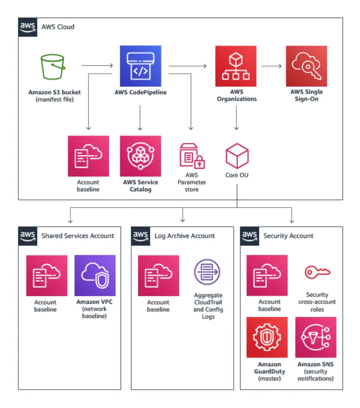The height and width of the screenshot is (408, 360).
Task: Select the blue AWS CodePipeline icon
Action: click(141, 66)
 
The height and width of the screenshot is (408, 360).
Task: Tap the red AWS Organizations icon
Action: click(236, 66)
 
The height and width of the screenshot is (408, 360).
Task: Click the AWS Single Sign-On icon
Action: click(306, 66)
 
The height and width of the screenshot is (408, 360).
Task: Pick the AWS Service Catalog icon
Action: click(141, 156)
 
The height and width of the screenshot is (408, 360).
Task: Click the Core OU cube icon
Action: click(237, 156)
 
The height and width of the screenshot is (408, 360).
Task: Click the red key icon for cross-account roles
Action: click(317, 273)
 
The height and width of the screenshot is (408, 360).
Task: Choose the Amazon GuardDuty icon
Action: click(267, 337)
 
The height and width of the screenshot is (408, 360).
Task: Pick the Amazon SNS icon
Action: click(316, 337)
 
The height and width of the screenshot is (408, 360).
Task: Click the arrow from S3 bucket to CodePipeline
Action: click(97, 65)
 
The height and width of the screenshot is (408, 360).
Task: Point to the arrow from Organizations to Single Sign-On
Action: click(271, 65)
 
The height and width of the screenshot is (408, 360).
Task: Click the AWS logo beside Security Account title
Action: click(250, 235)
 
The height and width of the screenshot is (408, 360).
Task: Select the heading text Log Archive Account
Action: click(184, 236)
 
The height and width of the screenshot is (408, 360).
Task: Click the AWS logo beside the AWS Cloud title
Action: click(28, 27)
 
